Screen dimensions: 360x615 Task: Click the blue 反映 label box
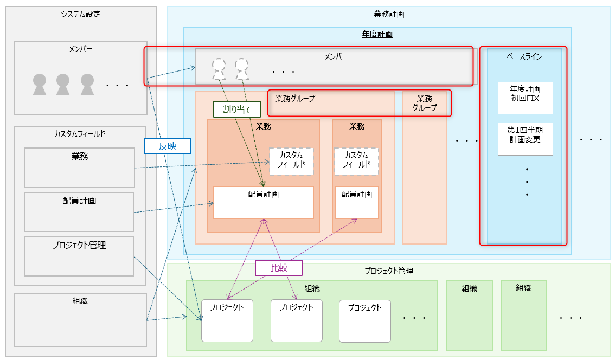tap(168, 146)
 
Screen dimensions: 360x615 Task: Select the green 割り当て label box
tap(237, 110)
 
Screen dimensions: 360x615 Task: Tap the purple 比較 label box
tap(278, 268)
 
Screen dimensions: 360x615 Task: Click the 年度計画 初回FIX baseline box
tap(525, 98)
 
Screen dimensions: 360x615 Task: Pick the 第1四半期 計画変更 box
tap(525, 139)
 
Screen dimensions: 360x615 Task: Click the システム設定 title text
tap(81, 14)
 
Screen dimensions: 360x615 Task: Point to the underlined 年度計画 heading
tap(377, 34)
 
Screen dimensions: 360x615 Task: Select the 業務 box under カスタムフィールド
tap(79, 168)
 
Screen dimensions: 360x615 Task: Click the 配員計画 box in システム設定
tap(79, 212)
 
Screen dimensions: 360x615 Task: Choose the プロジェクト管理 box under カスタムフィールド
tap(79, 256)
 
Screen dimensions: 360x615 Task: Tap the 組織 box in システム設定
tap(80, 320)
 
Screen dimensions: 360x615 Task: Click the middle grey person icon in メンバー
tap(63, 84)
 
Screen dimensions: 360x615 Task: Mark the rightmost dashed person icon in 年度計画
tap(242, 69)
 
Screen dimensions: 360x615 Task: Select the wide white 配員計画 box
tap(264, 202)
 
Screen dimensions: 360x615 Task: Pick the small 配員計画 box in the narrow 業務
tap(357, 202)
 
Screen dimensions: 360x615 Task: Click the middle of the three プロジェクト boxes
tap(297, 320)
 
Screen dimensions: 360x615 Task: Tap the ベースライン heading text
tap(524, 56)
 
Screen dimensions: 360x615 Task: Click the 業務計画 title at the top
tap(389, 14)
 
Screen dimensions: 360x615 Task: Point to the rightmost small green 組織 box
tap(523, 315)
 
